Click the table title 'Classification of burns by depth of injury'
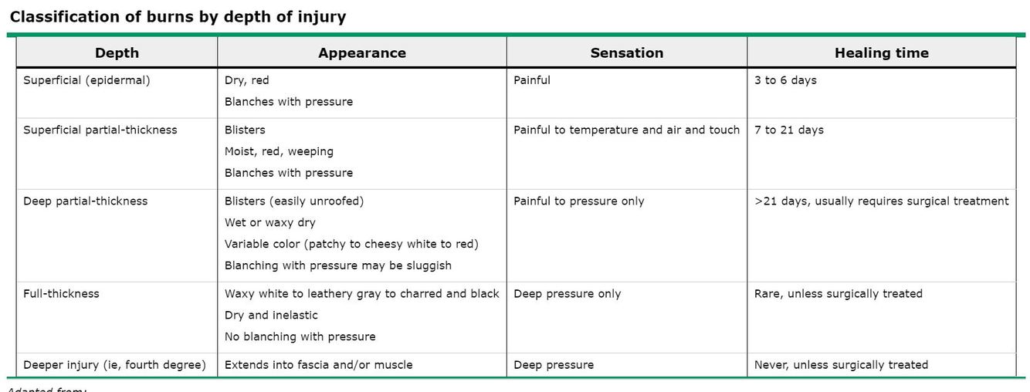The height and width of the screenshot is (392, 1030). [178, 17]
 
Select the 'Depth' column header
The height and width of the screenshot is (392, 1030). [117, 53]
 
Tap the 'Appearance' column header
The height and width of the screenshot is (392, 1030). [361, 53]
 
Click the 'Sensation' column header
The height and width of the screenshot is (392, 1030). [626, 53]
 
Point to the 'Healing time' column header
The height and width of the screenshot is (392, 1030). [881, 53]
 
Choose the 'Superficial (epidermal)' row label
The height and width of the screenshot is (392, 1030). [86, 80]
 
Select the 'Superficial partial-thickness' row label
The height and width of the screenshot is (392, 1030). [100, 130]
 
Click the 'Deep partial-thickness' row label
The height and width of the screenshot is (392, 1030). [85, 201]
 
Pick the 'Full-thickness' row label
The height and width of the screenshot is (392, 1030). [61, 294]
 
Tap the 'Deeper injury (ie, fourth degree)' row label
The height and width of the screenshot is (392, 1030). [114, 365]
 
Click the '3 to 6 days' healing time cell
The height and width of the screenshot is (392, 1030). [785, 80]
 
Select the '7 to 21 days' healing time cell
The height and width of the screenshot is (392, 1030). [788, 130]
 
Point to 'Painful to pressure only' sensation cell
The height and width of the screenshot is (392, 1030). [578, 201]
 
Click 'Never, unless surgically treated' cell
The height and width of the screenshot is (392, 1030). [841, 365]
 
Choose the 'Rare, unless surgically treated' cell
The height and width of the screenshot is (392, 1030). [838, 294]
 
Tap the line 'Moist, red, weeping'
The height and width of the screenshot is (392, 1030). [279, 151]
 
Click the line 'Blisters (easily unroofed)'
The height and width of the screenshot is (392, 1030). [293, 201]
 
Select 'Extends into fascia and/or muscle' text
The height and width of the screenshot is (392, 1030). [318, 365]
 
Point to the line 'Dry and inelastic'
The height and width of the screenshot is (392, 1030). [271, 315]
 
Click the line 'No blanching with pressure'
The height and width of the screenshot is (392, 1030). [300, 336]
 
